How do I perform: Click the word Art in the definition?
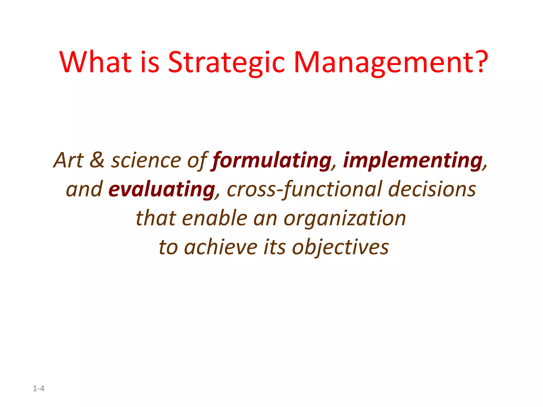coord(69,160)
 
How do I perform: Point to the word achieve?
coord(221,247)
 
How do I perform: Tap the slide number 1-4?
coord(38,388)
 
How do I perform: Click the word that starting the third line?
coord(156,218)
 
